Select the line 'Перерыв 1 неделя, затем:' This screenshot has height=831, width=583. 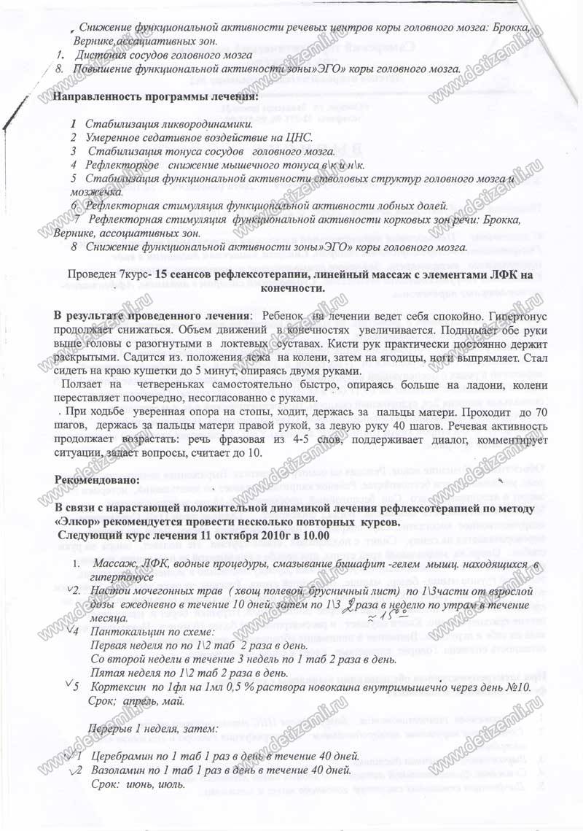coord(152,729)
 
